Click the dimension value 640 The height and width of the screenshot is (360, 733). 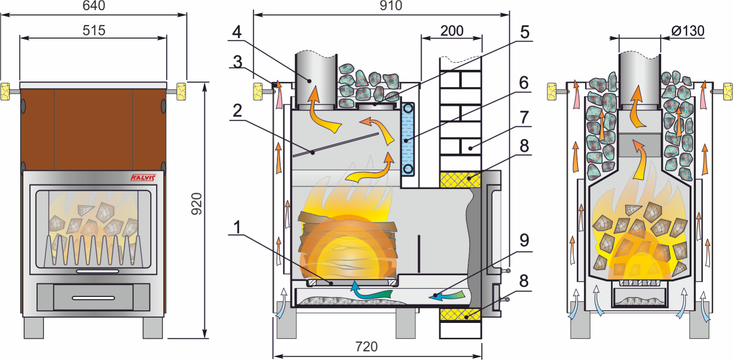(93, 6)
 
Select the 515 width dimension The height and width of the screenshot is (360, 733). (93, 30)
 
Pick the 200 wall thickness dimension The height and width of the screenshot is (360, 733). (451, 31)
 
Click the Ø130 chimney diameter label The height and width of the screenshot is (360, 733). (687, 31)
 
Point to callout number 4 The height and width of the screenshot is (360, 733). (236, 32)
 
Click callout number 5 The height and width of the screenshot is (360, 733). (524, 32)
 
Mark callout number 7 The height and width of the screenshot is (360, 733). (524, 117)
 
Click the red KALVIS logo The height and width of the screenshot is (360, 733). (143, 178)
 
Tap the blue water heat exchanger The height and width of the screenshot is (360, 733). (408, 140)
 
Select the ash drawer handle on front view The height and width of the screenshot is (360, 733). (93, 297)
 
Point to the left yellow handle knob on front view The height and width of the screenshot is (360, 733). (5, 90)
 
